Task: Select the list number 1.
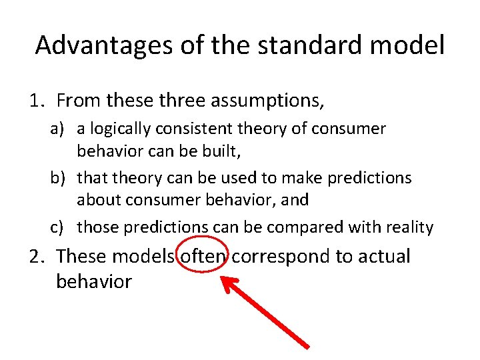click(x=36, y=101)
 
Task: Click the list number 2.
click(x=36, y=256)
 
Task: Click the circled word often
click(x=203, y=256)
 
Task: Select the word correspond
click(x=282, y=257)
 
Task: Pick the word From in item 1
click(x=79, y=101)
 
